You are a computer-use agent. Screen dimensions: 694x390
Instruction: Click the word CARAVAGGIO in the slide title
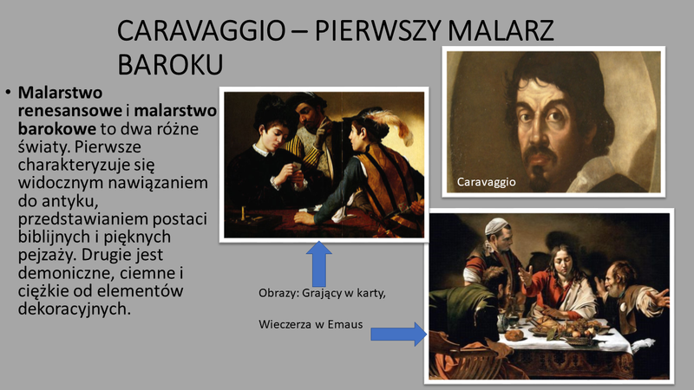201,30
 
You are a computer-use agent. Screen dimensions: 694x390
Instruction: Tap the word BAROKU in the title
170,64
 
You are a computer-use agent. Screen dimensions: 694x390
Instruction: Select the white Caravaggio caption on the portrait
486,182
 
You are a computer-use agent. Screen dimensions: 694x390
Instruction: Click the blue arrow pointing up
318,264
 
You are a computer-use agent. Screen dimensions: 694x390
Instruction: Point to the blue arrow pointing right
398,334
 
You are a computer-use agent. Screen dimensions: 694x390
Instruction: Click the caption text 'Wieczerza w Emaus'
311,324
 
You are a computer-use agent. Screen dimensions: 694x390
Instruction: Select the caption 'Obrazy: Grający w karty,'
322,293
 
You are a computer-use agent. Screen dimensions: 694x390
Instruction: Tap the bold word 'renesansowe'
70,111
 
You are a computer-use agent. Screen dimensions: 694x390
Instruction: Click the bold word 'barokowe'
56,128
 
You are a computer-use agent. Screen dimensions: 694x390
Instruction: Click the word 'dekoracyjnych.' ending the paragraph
75,309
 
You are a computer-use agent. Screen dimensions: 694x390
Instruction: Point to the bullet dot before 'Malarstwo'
8,93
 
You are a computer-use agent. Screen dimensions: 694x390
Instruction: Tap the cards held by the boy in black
294,166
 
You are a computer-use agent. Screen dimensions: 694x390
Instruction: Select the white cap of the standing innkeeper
496,225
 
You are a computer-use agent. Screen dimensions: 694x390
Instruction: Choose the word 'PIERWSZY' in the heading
377,30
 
